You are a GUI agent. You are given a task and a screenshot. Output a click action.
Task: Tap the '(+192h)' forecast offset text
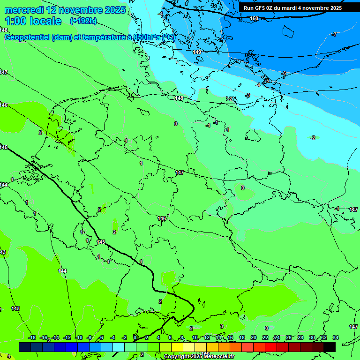[x=83, y=21]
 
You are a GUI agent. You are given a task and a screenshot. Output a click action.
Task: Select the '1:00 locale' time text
[x=33, y=21]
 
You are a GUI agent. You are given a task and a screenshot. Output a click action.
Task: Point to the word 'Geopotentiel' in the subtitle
[x=30, y=37]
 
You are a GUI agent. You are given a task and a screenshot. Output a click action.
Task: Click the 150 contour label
[x=254, y=18]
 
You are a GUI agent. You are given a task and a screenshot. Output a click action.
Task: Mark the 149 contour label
[x=197, y=52]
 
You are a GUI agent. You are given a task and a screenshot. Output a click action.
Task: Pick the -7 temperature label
[x=334, y=34]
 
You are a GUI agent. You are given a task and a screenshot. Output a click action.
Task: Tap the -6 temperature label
[x=284, y=74]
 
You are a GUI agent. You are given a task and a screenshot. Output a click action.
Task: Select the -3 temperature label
[x=247, y=95]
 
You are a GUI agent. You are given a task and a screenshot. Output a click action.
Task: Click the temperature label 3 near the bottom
[x=221, y=326]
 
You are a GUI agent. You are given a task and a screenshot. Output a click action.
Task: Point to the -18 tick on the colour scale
[x=32, y=337]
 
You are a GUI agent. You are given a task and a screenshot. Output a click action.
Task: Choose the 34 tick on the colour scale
[x=336, y=337]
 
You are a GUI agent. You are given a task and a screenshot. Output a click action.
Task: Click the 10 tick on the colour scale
[x=195, y=337]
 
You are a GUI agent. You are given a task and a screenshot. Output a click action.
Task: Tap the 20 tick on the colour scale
[x=253, y=337]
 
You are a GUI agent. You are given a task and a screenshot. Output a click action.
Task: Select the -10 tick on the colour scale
[x=79, y=337]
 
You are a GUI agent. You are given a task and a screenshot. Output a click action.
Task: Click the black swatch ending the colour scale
[x=330, y=347]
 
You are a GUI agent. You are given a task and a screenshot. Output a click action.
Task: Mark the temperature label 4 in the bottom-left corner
[x=8, y=356]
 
